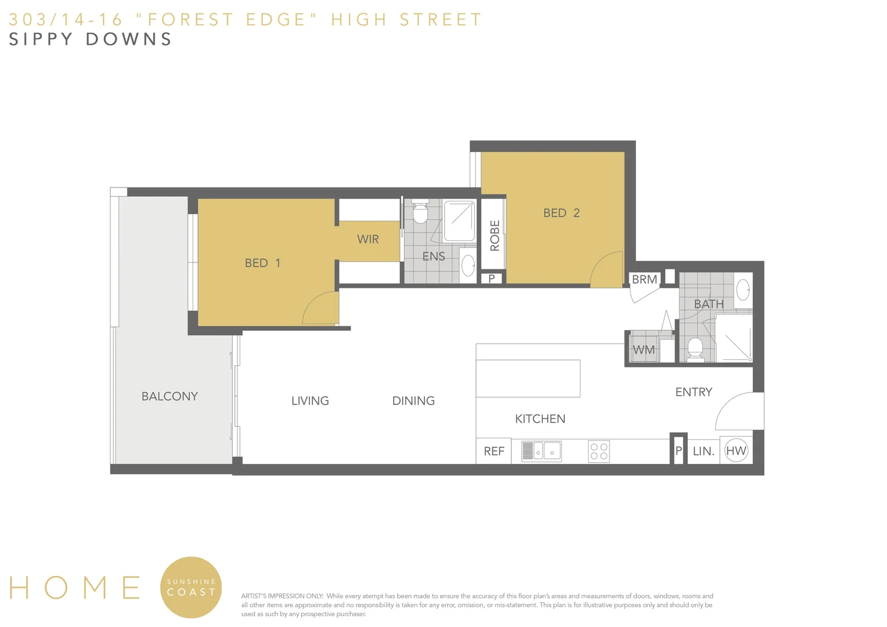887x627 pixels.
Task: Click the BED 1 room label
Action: [x=262, y=263]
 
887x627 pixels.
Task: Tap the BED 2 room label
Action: [x=561, y=213]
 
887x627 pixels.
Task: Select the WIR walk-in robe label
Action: [x=368, y=239]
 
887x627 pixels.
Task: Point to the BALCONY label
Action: [x=170, y=397]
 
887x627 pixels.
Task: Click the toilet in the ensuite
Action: [x=420, y=213]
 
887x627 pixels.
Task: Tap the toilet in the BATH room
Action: [x=695, y=348]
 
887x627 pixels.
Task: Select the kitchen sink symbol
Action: [x=541, y=451]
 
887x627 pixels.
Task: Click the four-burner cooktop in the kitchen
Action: [x=598, y=452]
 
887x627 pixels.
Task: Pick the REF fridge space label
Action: [x=494, y=451]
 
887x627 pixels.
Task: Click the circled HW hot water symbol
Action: [x=736, y=451]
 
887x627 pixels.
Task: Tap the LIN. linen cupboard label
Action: [x=704, y=451]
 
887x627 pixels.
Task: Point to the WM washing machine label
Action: [x=644, y=350]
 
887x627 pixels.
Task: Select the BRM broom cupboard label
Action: [x=644, y=279]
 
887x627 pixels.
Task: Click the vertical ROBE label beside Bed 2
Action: [x=495, y=235]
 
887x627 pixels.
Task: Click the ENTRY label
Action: [x=694, y=392]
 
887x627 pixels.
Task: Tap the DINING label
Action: [x=413, y=401]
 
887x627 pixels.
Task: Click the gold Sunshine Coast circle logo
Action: [x=191, y=587]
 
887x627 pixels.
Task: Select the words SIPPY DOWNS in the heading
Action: [x=91, y=39]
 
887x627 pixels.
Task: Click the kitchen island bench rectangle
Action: [x=528, y=378]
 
